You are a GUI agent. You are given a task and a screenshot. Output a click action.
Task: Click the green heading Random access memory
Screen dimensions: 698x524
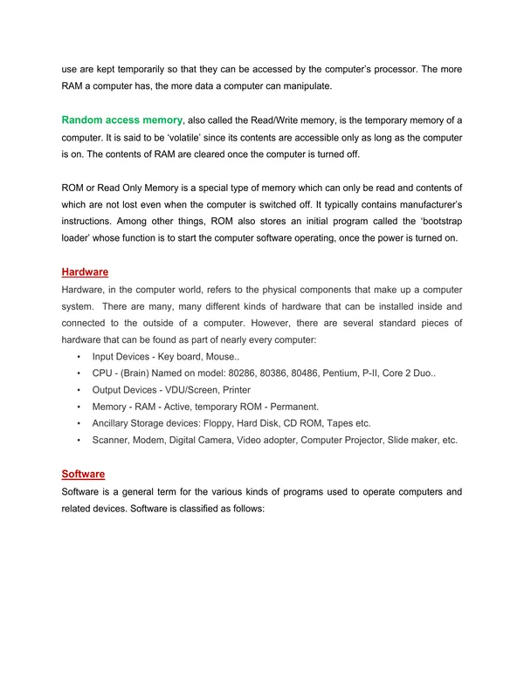point(122,119)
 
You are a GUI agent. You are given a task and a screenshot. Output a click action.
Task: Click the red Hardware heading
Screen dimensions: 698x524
point(85,272)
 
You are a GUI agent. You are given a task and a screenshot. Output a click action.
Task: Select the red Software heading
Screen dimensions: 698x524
point(83,474)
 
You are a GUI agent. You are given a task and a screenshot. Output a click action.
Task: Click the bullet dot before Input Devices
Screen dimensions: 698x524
point(79,358)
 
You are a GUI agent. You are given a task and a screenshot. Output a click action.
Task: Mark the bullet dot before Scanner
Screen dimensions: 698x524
point(79,441)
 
